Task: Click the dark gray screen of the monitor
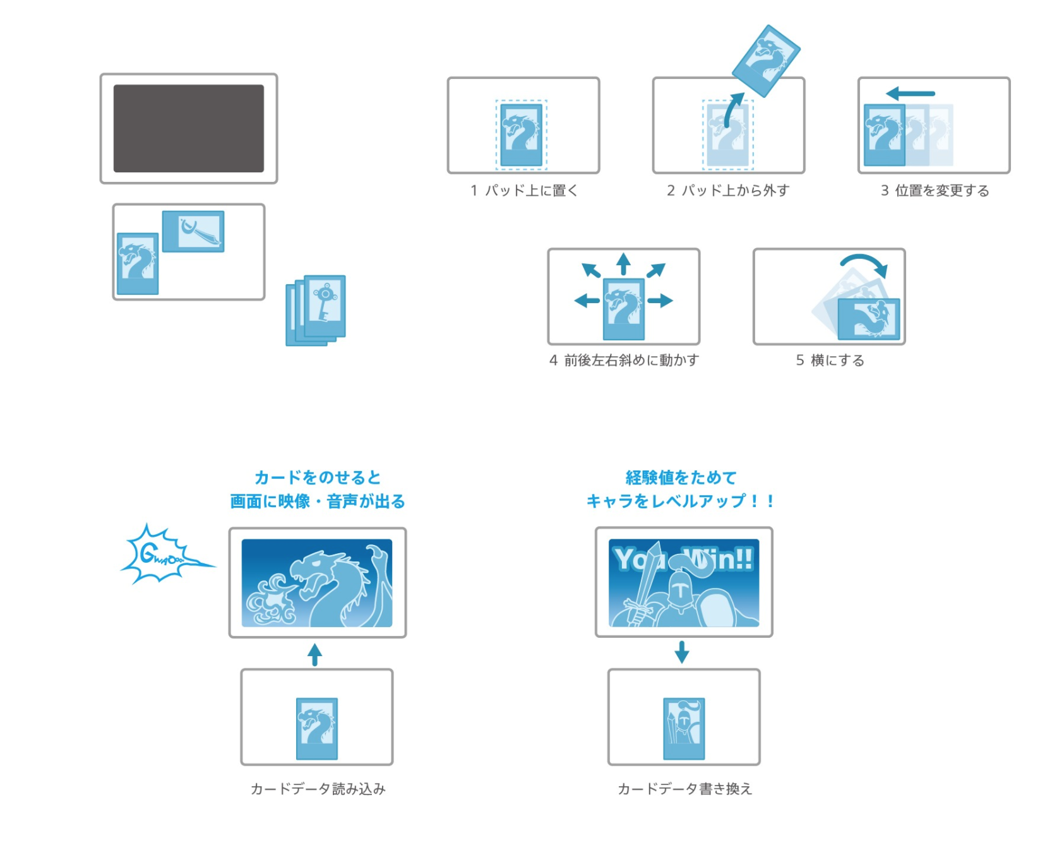tap(188, 128)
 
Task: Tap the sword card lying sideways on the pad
tap(193, 231)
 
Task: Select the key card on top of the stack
tap(325, 306)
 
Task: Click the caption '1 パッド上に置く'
tap(523, 190)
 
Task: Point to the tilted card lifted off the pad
tap(766, 61)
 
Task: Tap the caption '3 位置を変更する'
tap(935, 190)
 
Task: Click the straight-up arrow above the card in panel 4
tap(624, 263)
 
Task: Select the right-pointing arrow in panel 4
tap(660, 301)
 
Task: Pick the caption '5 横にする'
tap(830, 360)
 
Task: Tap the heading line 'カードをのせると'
tap(318, 477)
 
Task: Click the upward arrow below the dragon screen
tap(315, 654)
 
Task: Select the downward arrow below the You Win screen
tap(681, 652)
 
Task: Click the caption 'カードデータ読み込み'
tap(318, 788)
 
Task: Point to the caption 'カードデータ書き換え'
tap(684, 788)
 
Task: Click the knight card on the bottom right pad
tap(684, 728)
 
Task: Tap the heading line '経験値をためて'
tap(681, 477)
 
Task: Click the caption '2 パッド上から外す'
tap(728, 190)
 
